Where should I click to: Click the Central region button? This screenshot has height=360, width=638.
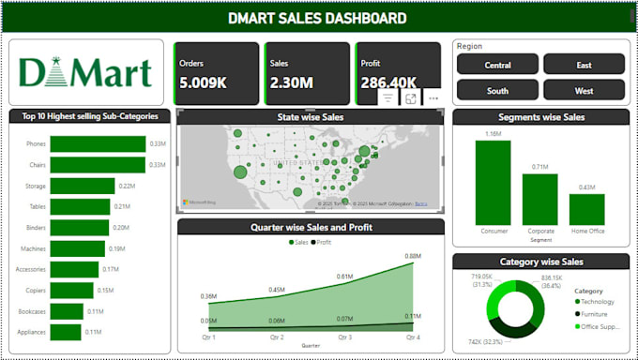[497, 65]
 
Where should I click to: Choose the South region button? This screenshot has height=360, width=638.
[497, 91]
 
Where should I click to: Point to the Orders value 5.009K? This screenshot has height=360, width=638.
[203, 82]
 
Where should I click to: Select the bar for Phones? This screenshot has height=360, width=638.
[98, 143]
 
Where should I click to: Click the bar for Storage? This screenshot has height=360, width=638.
[83, 186]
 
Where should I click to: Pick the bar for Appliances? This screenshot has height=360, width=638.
[66, 332]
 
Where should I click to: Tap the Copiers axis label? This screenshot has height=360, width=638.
[34, 291]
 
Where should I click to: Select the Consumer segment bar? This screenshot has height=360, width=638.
[493, 183]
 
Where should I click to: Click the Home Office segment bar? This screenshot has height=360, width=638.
[586, 209]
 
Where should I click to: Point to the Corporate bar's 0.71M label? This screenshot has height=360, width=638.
[539, 167]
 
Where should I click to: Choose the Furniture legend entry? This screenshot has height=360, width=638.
[597, 315]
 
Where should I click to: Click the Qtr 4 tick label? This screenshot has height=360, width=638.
[412, 337]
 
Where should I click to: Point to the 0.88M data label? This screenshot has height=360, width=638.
[413, 255]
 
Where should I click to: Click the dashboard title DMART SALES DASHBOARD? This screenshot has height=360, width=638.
[318, 18]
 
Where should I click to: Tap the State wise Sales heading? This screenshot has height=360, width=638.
[310, 117]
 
